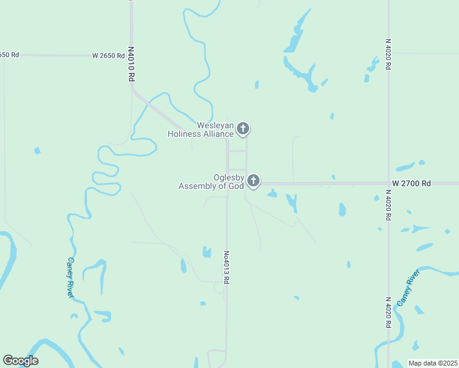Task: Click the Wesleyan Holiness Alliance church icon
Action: pyautogui.click(x=243, y=129)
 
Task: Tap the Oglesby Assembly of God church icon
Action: pyautogui.click(x=253, y=181)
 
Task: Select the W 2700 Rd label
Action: pyautogui.click(x=412, y=183)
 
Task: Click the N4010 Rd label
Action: pyautogui.click(x=131, y=64)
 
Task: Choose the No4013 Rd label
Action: pyautogui.click(x=226, y=267)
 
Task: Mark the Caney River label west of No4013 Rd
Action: pyautogui.click(x=71, y=277)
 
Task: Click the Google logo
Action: pyautogui.click(x=20, y=361)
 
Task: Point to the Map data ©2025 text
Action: pyautogui.click(x=433, y=363)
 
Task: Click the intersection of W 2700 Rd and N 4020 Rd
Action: pyautogui.click(x=388, y=183)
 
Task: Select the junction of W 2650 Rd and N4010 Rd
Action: pyautogui.click(x=131, y=55)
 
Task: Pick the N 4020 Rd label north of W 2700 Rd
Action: pyautogui.click(x=388, y=55)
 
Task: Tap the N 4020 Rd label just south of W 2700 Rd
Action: pyautogui.click(x=388, y=205)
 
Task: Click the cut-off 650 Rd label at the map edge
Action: pyautogui.click(x=9, y=55)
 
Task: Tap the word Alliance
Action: pyautogui.click(x=219, y=134)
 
